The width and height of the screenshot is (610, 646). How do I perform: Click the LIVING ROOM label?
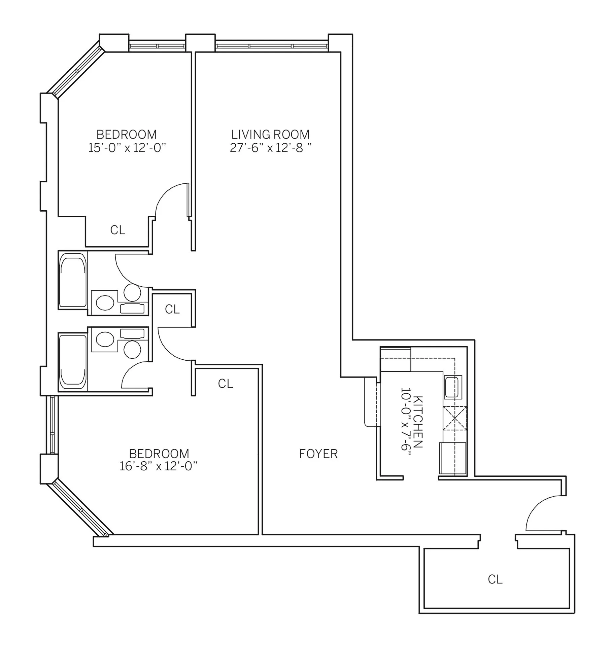pyautogui.click(x=270, y=135)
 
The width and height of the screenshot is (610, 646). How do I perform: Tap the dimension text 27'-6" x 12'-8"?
pyautogui.click(x=270, y=148)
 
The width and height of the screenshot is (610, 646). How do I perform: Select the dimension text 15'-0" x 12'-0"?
pyautogui.click(x=127, y=148)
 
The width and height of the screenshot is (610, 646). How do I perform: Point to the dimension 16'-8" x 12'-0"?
pyautogui.click(x=158, y=466)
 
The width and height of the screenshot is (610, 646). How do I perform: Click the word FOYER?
pyautogui.click(x=318, y=454)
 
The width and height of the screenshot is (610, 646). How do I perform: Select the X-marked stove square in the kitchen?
pyautogui.click(x=454, y=418)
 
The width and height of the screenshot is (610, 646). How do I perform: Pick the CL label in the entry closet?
pyautogui.click(x=495, y=579)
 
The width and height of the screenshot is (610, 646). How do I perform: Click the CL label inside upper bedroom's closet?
pyautogui.click(x=117, y=230)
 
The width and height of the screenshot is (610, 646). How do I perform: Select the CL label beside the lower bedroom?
pyautogui.click(x=225, y=384)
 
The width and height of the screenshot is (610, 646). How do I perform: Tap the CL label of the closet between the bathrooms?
pyautogui.click(x=172, y=309)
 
